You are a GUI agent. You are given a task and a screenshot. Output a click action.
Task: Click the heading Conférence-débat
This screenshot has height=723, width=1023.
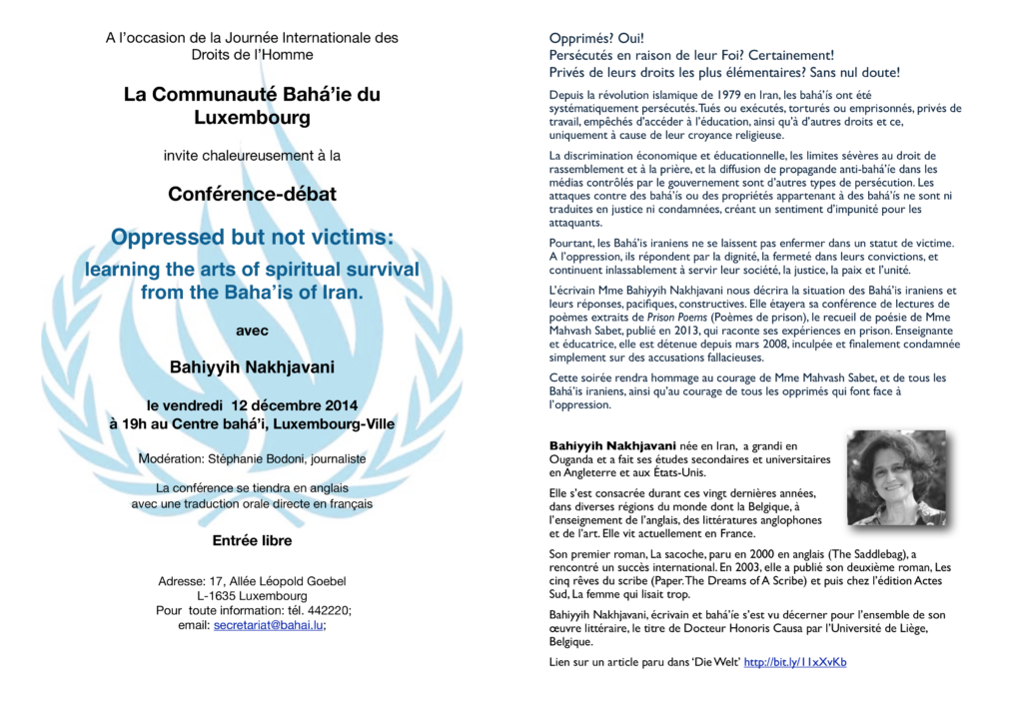point(252,194)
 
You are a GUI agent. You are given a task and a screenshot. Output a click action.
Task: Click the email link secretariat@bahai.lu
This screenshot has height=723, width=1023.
point(268,625)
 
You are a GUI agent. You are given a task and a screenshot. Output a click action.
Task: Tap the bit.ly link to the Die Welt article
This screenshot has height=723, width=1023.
point(794,662)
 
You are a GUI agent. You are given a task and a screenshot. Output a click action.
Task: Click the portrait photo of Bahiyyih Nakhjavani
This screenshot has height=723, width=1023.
point(896,477)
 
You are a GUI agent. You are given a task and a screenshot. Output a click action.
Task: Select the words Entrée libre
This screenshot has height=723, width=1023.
point(252,540)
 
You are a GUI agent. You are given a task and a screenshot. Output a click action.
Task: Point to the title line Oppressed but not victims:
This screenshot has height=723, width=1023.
point(252,238)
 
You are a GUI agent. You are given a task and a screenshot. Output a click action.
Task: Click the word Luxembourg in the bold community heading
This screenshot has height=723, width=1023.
point(252,118)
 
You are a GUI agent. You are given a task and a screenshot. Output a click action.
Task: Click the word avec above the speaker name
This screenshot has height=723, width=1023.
point(252,331)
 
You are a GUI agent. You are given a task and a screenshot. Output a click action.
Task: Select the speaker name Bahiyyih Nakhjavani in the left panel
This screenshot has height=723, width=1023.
point(252,366)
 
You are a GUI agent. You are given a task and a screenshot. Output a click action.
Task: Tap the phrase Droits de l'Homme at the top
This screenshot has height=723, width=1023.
point(252,55)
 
